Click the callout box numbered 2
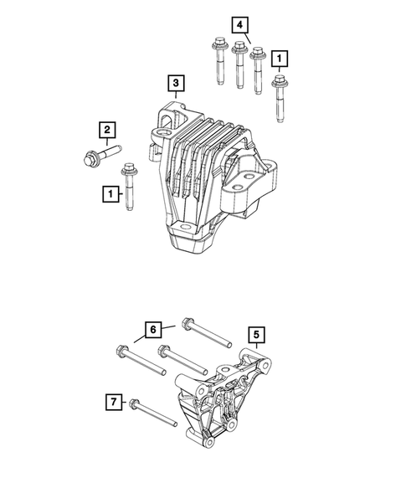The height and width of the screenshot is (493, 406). click(108, 130)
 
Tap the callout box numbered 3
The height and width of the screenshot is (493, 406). click(175, 83)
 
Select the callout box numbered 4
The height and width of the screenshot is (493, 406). click(240, 26)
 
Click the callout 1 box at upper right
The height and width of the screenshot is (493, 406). click(280, 58)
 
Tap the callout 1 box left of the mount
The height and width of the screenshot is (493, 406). click(108, 194)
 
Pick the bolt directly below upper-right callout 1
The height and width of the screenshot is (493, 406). click(279, 96)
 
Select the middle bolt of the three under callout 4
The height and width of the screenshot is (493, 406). click(239, 67)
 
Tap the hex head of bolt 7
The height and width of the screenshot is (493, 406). click(134, 405)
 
